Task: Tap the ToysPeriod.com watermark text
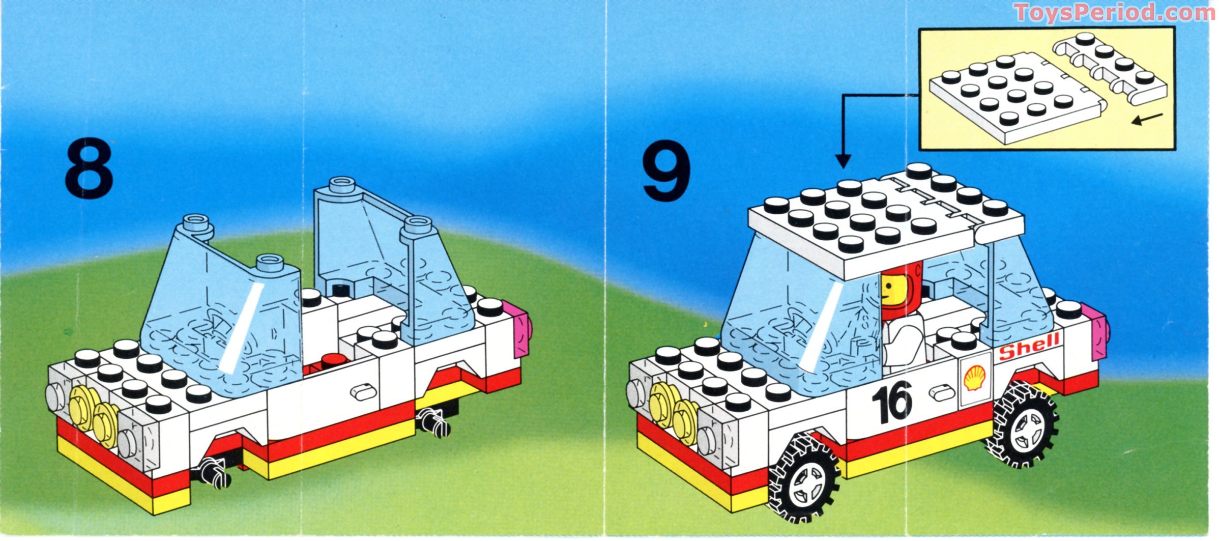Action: pyautogui.click(x=1113, y=12)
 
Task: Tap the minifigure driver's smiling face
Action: pyautogui.click(x=890, y=293)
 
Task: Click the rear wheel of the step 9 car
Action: pyautogui.click(x=1024, y=424)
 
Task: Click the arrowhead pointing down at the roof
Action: pyautogui.click(x=843, y=162)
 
